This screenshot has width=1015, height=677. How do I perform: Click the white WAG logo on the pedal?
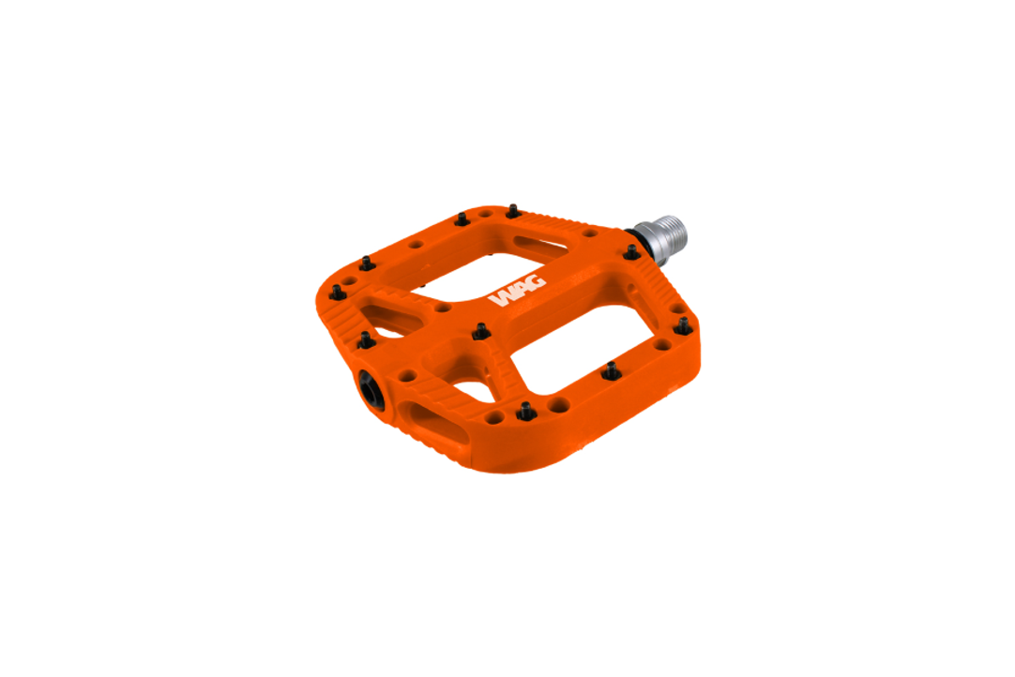coord(516,293)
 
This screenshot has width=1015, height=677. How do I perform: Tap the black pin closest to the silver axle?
coord(631,252)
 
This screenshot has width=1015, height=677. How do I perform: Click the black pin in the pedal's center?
coord(480,331)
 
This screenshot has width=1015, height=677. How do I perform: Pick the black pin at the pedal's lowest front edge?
coord(525,411)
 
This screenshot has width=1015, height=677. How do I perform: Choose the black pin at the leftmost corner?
coord(338,293)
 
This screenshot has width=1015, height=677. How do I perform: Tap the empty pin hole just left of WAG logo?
coord(443,307)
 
